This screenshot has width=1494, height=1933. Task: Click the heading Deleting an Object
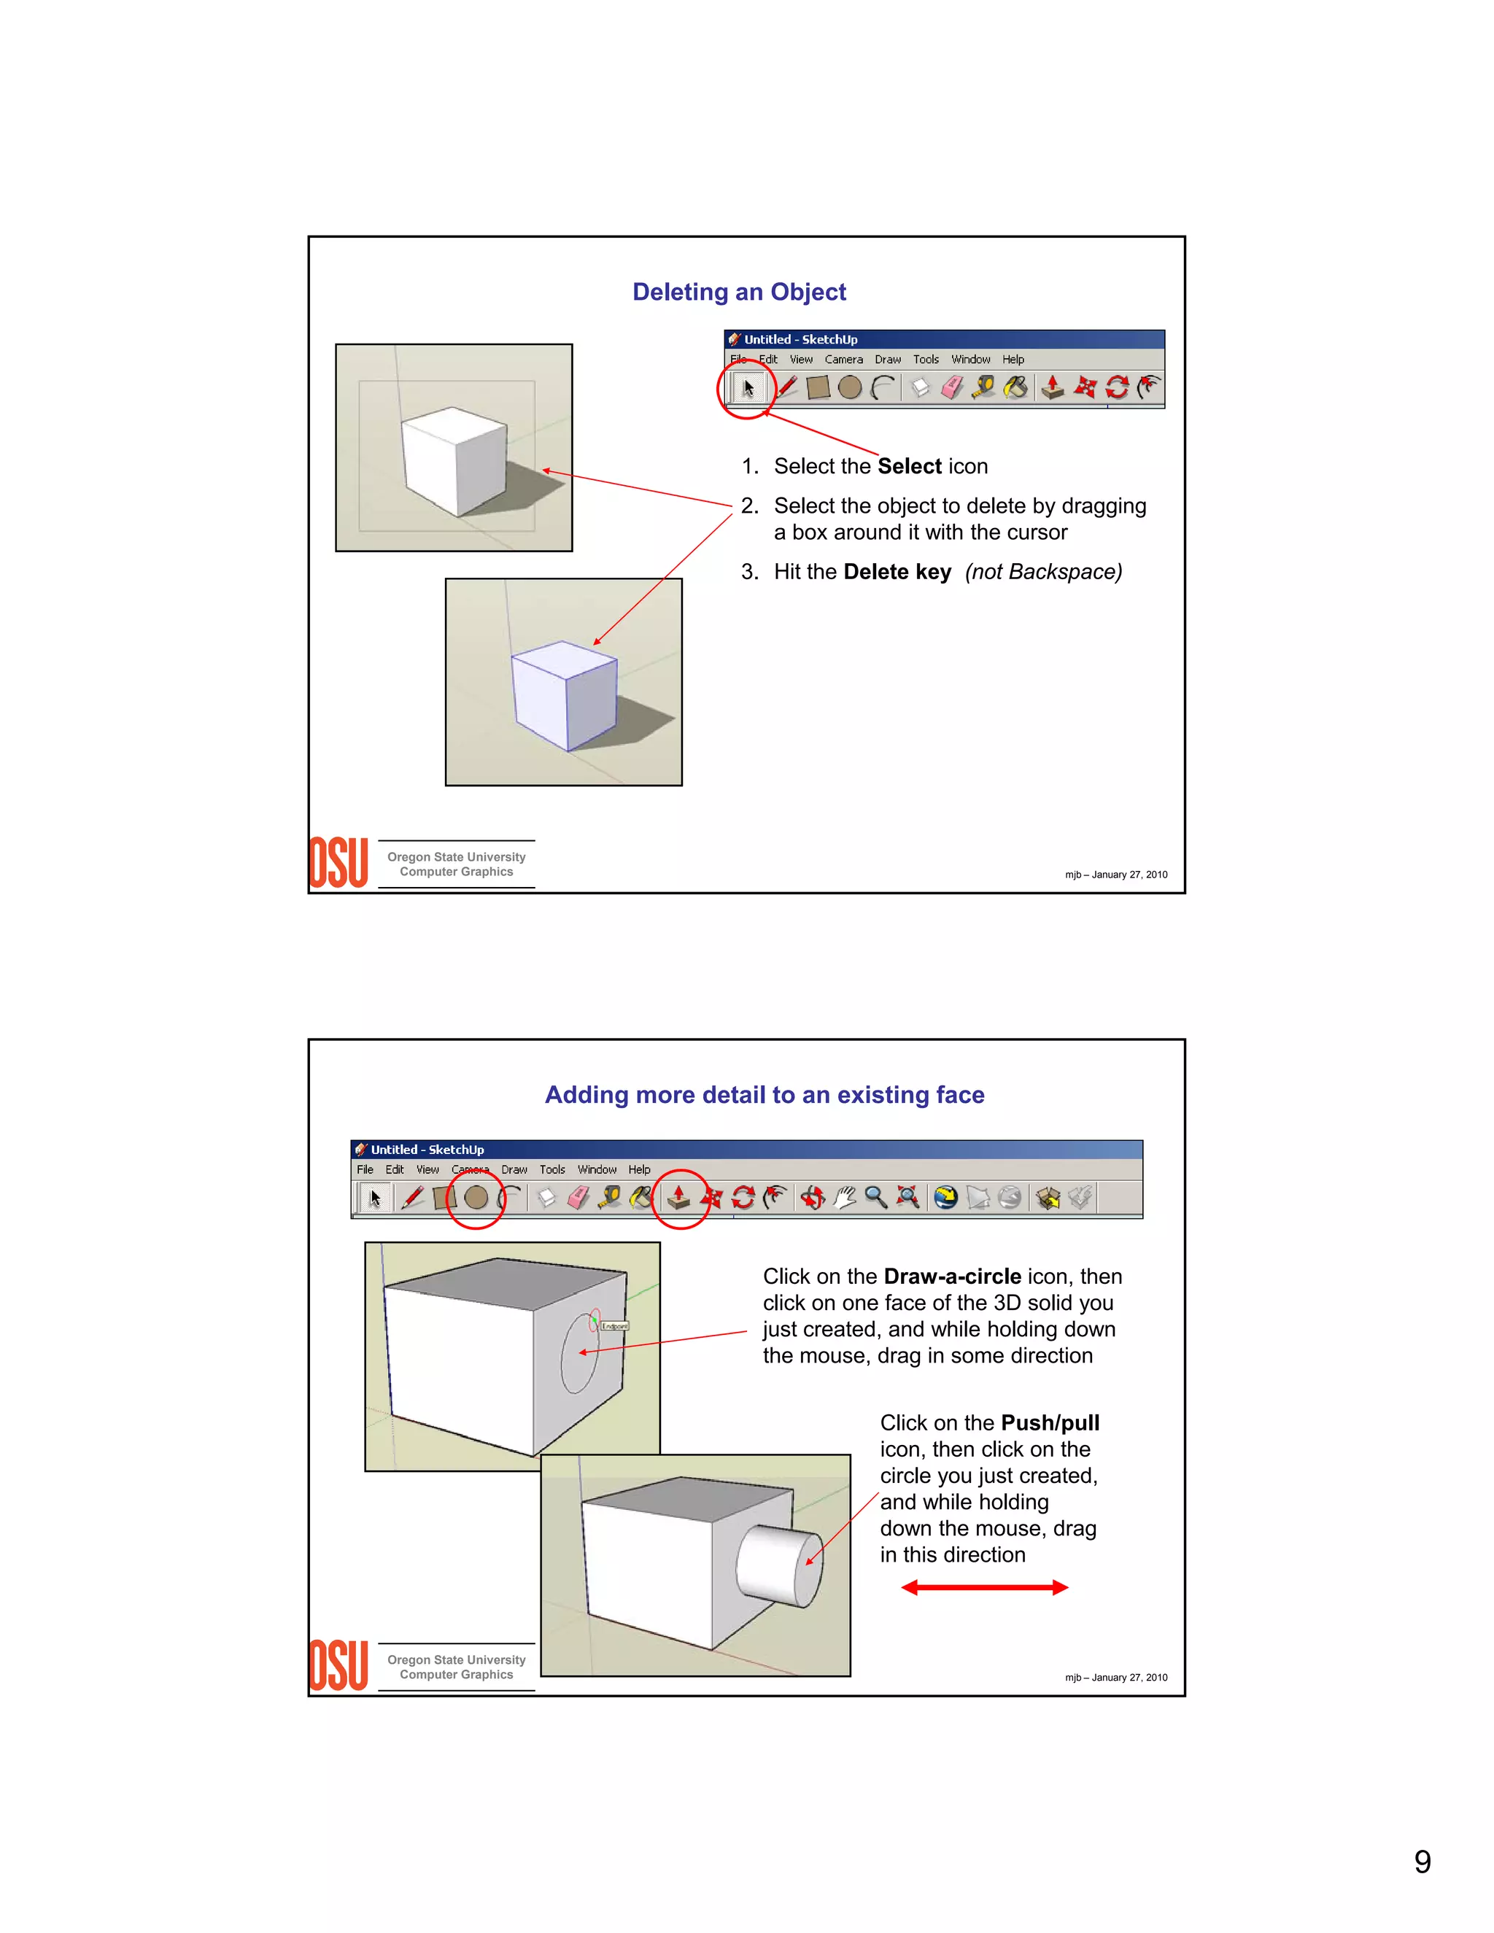click(x=739, y=292)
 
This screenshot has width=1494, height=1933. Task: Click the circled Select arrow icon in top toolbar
click(x=748, y=387)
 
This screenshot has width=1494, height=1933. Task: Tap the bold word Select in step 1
click(x=909, y=466)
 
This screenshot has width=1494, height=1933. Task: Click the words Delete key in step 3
click(x=897, y=572)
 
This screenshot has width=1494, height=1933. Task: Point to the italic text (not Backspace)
click(x=1042, y=572)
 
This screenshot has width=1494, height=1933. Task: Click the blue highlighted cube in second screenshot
click(x=565, y=694)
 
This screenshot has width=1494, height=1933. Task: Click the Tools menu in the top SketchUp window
click(x=926, y=360)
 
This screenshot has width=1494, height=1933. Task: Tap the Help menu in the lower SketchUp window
click(x=639, y=1169)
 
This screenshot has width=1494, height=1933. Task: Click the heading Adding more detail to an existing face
click(x=764, y=1095)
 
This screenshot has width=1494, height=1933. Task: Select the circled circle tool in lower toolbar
click(x=476, y=1198)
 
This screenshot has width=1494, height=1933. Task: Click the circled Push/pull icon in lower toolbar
click(x=679, y=1198)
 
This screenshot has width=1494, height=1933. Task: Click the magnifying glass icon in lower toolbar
click(x=875, y=1198)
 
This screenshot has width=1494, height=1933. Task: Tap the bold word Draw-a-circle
click(x=952, y=1277)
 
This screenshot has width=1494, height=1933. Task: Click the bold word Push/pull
click(x=1050, y=1422)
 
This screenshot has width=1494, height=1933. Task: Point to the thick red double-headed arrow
click(x=984, y=1587)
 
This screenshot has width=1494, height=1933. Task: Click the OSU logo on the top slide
click(x=338, y=863)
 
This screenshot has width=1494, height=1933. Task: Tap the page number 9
click(x=1422, y=1862)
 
